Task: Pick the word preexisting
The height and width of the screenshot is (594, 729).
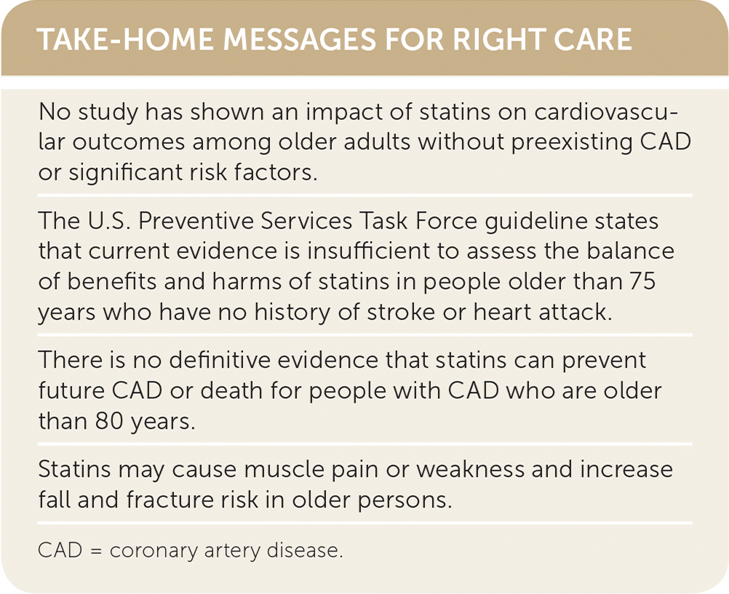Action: coord(572,143)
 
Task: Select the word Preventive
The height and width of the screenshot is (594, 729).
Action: coord(196,221)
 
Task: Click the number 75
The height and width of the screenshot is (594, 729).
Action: coord(642,282)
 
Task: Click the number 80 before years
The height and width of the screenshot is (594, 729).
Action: coord(109,421)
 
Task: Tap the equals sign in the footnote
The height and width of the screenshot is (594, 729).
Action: coord(96,551)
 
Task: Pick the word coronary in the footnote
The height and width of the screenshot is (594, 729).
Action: coord(154,552)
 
